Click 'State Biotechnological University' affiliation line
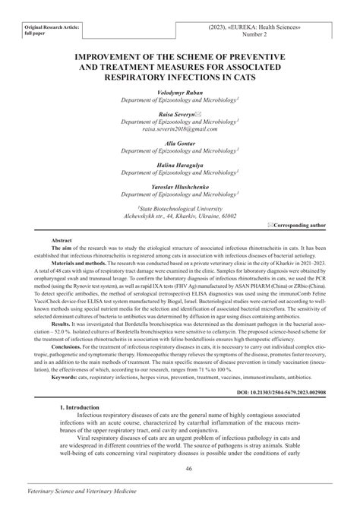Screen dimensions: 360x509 (179, 207)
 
